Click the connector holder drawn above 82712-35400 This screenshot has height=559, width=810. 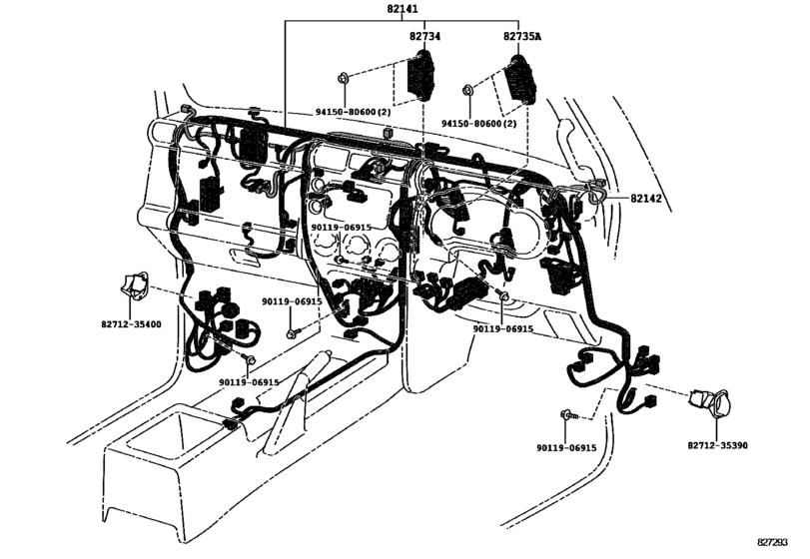click(135, 285)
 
